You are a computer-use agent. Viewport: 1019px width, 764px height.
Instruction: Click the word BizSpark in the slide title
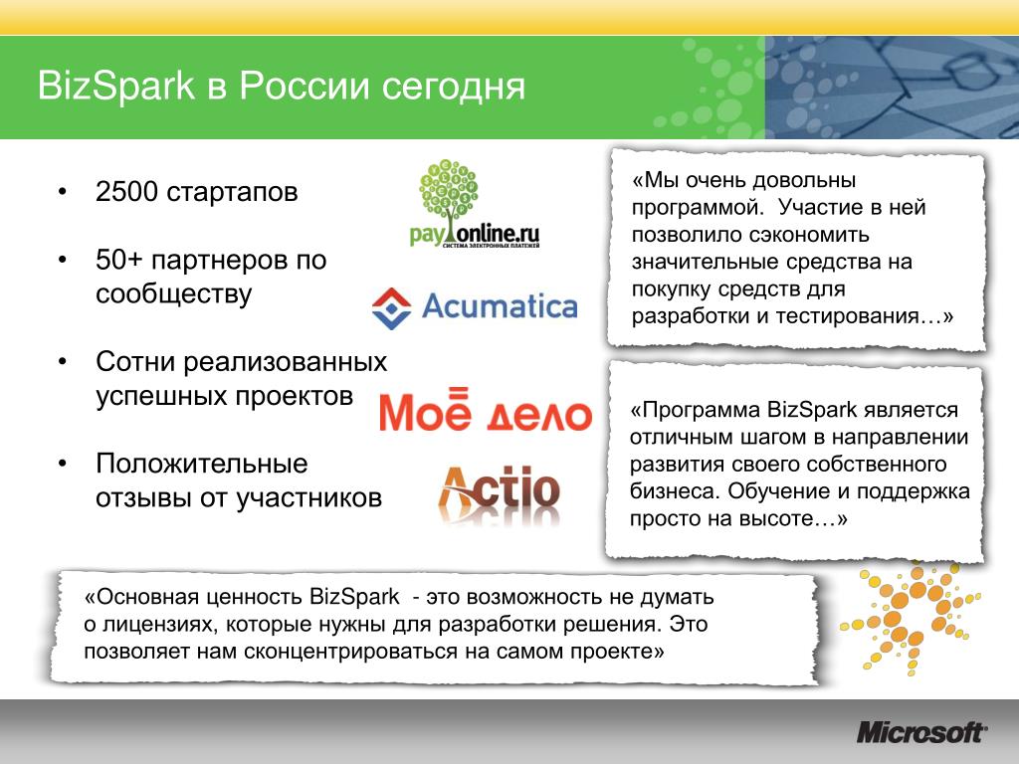[115, 86]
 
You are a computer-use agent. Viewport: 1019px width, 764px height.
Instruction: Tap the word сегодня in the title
[453, 88]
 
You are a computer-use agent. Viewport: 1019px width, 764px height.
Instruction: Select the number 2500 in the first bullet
[126, 192]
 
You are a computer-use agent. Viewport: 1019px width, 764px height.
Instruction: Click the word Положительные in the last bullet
[202, 464]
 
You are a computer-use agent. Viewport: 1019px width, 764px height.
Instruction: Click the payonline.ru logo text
[475, 234]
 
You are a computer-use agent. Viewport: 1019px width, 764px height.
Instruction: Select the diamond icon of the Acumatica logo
[392, 308]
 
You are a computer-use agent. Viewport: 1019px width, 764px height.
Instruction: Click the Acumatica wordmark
[500, 306]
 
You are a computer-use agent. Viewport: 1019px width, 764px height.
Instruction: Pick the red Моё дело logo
[486, 411]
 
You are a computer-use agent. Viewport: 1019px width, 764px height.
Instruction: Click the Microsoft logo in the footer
[921, 733]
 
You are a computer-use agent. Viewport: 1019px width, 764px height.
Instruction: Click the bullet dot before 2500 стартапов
[63, 192]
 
